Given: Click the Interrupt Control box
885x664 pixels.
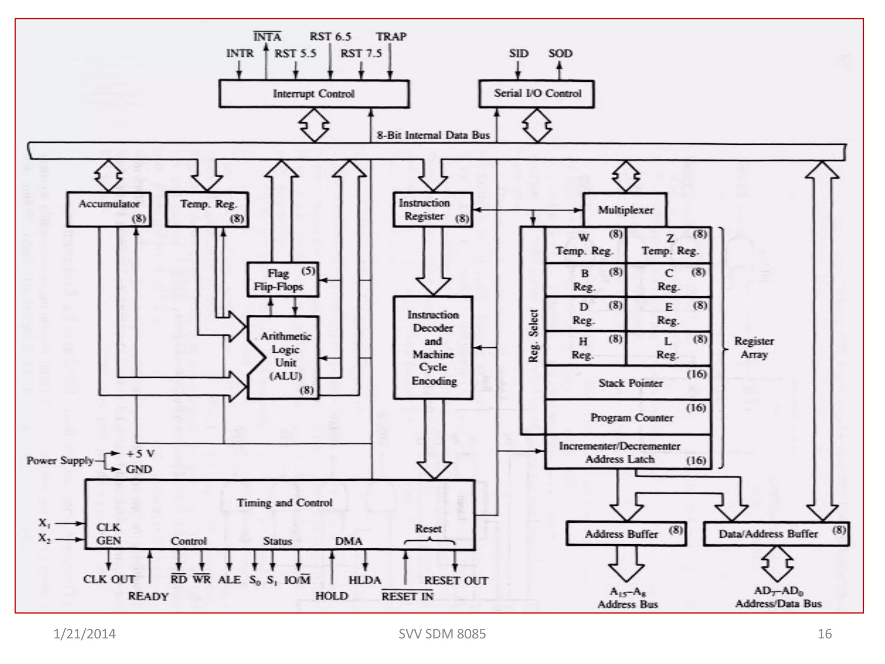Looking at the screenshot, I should tap(314, 94).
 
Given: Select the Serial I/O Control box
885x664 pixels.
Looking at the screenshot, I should tap(537, 93).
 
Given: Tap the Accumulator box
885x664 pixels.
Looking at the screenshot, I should tap(109, 210).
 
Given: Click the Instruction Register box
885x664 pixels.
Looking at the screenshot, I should tap(433, 210).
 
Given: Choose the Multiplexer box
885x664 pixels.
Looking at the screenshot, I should tap(625, 210).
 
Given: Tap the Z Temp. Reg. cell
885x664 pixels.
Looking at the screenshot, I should tap(669, 245).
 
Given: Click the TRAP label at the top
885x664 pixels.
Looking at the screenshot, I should tap(391, 37).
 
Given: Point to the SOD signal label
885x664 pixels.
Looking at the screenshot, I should tap(560, 54).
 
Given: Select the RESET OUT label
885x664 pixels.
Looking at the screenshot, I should tap(456, 581).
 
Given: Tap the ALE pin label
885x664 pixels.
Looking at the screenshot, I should tap(229, 580).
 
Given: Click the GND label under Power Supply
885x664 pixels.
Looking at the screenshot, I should tap(139, 469).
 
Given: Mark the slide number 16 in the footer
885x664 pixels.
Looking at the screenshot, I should tap(825, 634).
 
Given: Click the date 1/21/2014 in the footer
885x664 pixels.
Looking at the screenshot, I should tap(85, 634).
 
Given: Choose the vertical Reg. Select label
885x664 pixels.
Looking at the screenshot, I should tap(533, 336).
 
